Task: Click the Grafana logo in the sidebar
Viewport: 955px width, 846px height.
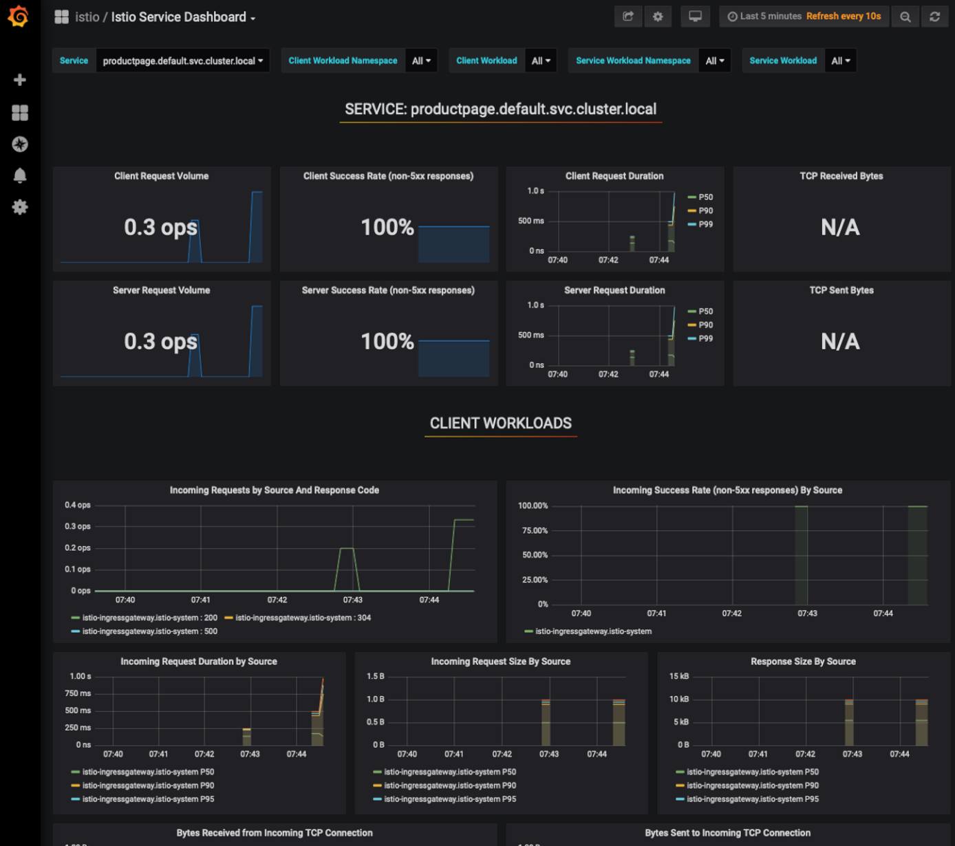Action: coord(19,17)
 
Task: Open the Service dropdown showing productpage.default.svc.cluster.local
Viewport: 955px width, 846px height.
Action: coord(182,61)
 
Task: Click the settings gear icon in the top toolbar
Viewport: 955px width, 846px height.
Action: coord(658,17)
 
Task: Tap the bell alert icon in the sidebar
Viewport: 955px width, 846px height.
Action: coord(20,175)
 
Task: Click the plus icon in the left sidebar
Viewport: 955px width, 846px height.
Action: coord(20,80)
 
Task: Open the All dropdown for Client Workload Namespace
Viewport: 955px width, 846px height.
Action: coord(421,61)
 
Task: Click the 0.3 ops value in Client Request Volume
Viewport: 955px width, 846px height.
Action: coord(160,227)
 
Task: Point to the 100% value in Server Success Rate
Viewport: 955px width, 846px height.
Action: coord(387,341)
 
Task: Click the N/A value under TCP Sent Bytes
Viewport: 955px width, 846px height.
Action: coord(840,341)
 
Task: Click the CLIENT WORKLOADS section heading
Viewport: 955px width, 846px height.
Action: coord(500,423)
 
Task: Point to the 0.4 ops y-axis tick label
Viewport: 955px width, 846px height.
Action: coord(78,505)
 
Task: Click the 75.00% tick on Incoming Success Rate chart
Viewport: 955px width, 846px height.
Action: coord(535,530)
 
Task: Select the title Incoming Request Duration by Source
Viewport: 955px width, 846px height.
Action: coord(198,661)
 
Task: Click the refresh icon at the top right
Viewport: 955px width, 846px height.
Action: coord(934,17)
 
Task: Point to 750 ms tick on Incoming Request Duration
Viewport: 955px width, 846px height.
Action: coord(78,693)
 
